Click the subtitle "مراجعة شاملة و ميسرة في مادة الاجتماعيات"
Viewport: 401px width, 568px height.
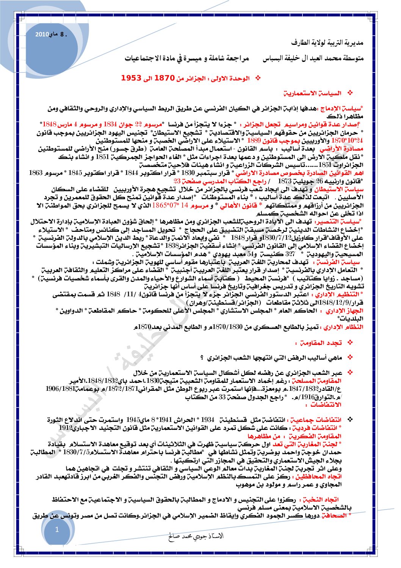(x=187, y=59)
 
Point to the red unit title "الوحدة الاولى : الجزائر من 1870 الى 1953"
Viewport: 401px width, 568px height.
(x=185, y=78)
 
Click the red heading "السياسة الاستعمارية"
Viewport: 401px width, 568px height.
(x=313, y=93)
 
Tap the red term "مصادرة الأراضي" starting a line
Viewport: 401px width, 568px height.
(x=346, y=149)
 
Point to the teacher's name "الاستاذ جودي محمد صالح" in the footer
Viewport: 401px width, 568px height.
(x=196, y=536)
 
